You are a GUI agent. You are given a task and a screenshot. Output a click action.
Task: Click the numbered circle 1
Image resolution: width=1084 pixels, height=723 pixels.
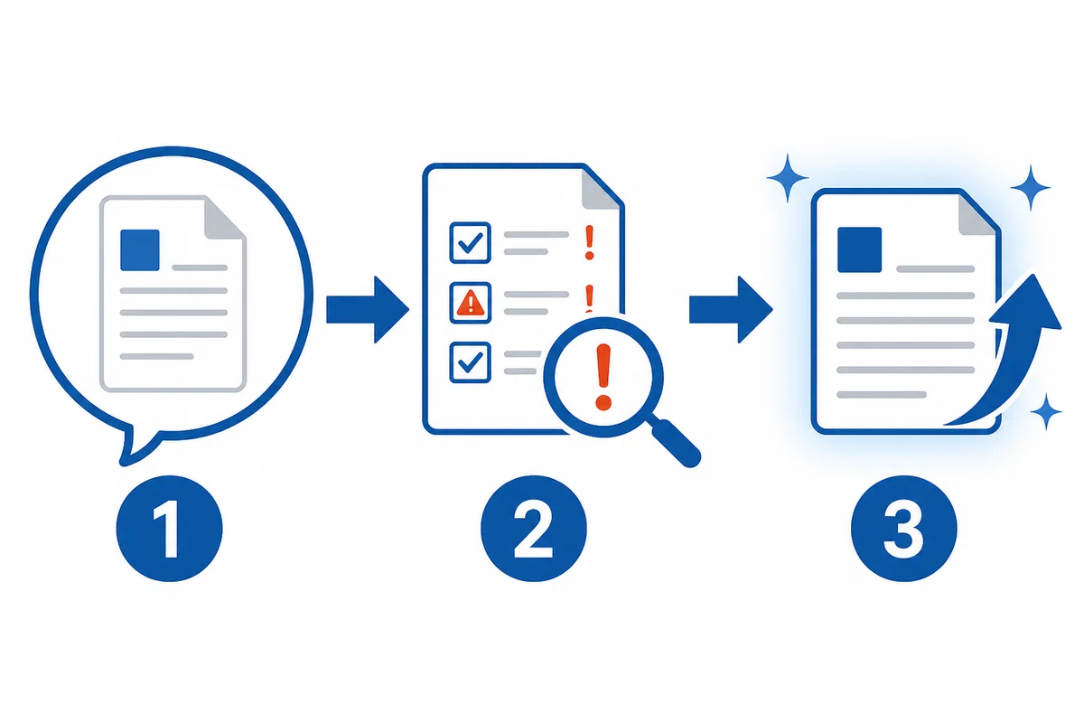pyautogui.click(x=170, y=529)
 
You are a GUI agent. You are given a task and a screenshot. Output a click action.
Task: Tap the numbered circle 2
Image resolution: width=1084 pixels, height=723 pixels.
pyautogui.click(x=533, y=529)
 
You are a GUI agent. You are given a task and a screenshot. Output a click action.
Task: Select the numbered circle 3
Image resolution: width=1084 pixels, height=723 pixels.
pyautogui.click(x=904, y=529)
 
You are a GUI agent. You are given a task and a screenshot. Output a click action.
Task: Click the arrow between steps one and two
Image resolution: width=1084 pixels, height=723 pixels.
pyautogui.click(x=368, y=309)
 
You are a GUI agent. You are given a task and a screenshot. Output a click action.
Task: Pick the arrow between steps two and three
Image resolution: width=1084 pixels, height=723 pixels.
pyautogui.click(x=731, y=309)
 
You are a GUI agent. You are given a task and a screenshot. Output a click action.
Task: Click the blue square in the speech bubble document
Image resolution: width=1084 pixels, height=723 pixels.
pyautogui.click(x=140, y=249)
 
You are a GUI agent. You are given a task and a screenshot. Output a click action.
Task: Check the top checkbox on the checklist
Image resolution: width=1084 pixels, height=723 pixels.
pyautogui.click(x=470, y=242)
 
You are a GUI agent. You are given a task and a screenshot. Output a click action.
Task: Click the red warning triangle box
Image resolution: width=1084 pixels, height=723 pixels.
pyautogui.click(x=470, y=303)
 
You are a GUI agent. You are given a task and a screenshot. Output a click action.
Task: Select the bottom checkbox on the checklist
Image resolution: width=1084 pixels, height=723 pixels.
pyautogui.click(x=470, y=362)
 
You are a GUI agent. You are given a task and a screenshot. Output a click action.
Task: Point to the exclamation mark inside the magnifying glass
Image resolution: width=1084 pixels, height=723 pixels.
pyautogui.click(x=603, y=377)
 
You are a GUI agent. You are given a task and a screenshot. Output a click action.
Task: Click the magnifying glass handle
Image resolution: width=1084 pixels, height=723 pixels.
pyautogui.click(x=675, y=443)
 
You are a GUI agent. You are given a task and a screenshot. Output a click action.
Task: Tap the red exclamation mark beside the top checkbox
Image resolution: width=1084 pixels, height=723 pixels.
pyautogui.click(x=589, y=242)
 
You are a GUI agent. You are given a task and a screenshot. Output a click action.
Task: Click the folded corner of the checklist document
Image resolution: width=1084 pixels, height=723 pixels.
pyautogui.click(x=601, y=190)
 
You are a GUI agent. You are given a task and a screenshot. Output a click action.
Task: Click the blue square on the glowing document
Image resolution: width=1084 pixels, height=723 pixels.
pyautogui.click(x=859, y=249)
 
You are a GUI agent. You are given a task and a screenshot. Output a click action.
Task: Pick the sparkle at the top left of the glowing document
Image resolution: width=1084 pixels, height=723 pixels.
pyautogui.click(x=788, y=178)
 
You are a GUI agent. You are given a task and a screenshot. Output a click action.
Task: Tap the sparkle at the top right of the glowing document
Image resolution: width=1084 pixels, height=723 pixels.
pyautogui.click(x=1031, y=187)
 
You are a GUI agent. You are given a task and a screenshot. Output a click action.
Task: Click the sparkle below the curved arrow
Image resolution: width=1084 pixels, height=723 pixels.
pyautogui.click(x=1046, y=412)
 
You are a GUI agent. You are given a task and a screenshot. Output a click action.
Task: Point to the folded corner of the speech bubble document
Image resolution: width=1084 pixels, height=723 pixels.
pyautogui.click(x=224, y=219)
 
